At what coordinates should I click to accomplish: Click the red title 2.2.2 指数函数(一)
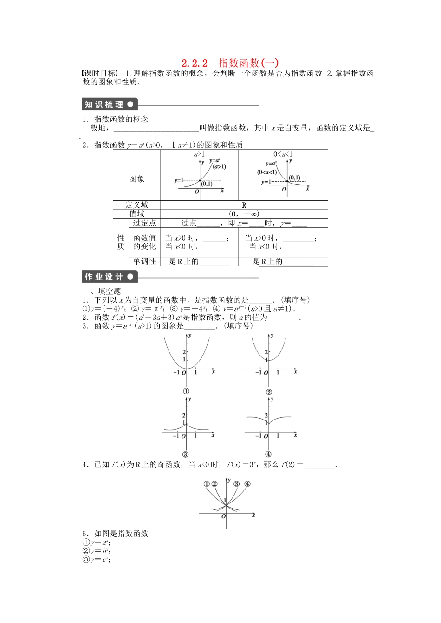click(230, 63)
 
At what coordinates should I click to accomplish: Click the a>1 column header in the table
click(199, 154)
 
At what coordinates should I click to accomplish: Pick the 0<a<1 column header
click(283, 154)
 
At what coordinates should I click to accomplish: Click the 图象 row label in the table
click(137, 179)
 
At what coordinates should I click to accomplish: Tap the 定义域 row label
click(137, 205)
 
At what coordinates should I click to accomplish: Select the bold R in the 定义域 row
click(244, 205)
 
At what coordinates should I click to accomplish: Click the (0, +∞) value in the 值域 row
click(244, 214)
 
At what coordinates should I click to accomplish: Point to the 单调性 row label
click(144, 261)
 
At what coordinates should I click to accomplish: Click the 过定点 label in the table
click(144, 223)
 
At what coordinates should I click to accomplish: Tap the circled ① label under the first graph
click(186, 391)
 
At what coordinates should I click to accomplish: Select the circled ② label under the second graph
click(269, 392)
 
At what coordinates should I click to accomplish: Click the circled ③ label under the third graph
click(185, 454)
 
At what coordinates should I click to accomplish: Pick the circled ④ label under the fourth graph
click(268, 454)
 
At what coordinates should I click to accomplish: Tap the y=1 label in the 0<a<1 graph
click(266, 182)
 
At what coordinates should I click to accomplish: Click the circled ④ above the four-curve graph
click(247, 484)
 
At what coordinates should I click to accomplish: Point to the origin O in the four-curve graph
click(223, 516)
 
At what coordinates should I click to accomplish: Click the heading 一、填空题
click(102, 291)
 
